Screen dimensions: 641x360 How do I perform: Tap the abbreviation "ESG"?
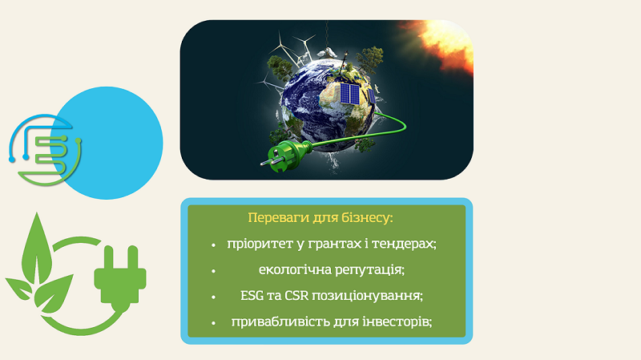[x=252, y=296]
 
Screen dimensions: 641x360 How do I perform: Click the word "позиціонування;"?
[x=368, y=296]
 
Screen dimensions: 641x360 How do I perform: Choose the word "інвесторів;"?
[x=397, y=322]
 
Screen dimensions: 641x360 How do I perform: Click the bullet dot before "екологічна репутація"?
[x=213, y=271]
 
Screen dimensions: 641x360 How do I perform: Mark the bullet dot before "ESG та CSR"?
[x=213, y=297]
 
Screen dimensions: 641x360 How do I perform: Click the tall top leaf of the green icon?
[x=37, y=249]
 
